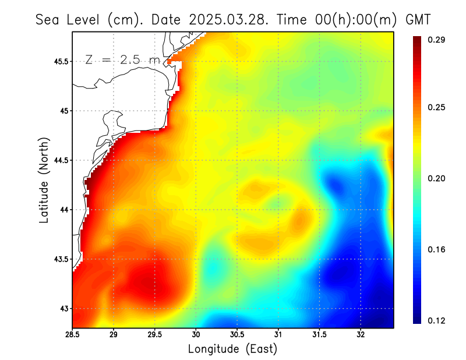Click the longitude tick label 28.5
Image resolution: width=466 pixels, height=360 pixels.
point(72,334)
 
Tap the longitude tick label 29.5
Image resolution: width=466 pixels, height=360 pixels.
point(154,334)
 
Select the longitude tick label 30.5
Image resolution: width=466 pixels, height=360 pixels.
point(237,334)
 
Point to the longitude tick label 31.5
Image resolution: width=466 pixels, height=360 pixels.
point(319,334)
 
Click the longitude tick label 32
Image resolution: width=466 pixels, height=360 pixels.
point(361,334)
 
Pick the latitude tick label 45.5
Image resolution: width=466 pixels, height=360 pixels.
point(60,61)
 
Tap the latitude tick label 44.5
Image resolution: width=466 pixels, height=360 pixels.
point(60,160)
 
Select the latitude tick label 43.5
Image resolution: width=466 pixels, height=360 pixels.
point(60,259)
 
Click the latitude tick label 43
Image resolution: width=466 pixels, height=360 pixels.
point(63,308)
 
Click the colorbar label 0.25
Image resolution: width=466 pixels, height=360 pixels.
point(436,107)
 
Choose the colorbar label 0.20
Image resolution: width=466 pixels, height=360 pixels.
point(436,178)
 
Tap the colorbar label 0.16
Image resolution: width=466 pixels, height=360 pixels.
point(436,249)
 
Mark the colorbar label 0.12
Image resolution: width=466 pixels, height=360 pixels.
point(436,320)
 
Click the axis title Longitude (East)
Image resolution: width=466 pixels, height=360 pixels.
point(232,349)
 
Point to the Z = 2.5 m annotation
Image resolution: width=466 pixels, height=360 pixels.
point(122,59)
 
